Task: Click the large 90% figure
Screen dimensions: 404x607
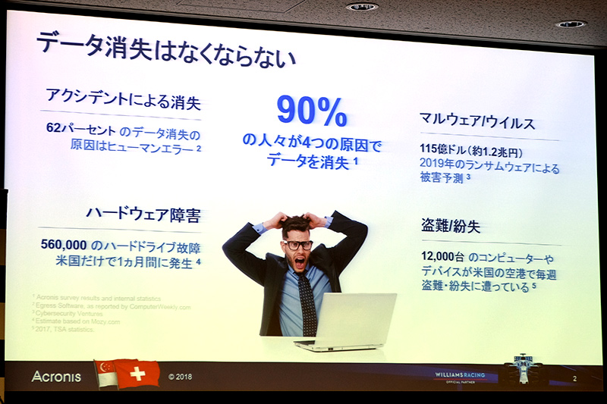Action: pyautogui.click(x=311, y=111)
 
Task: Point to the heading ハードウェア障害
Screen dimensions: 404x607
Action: pyautogui.click(x=142, y=216)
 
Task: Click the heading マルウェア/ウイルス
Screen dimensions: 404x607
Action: pyautogui.click(x=477, y=122)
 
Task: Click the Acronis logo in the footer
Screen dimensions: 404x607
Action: pyautogui.click(x=57, y=376)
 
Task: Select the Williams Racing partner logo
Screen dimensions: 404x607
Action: pyautogui.click(x=464, y=376)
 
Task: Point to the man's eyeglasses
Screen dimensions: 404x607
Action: pyautogui.click(x=298, y=245)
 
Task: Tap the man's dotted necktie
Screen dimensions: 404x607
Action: pyautogui.click(x=307, y=302)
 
